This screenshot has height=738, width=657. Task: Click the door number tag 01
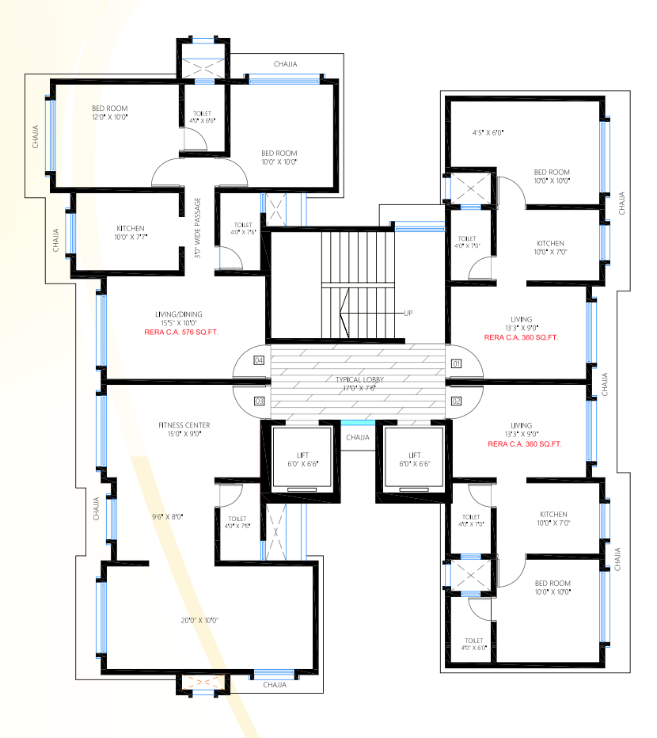coord(456,363)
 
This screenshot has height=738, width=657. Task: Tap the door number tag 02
coord(456,401)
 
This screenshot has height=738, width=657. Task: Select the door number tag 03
coord(259,401)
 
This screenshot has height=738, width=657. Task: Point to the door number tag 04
coord(259,360)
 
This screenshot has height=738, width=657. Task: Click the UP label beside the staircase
coord(408,313)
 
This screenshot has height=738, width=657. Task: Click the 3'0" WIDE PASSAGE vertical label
coord(198,229)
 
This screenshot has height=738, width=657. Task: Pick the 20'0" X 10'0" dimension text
coord(199,620)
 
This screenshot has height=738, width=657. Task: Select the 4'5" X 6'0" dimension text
coord(488,132)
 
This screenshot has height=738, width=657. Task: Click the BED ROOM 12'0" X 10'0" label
coord(109,112)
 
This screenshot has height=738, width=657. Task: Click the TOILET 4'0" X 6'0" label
coord(474,644)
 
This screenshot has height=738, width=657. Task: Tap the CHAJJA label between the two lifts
coord(358,436)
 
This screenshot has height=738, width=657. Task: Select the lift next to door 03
coord(301,460)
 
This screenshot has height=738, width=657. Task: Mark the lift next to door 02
coord(414,460)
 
